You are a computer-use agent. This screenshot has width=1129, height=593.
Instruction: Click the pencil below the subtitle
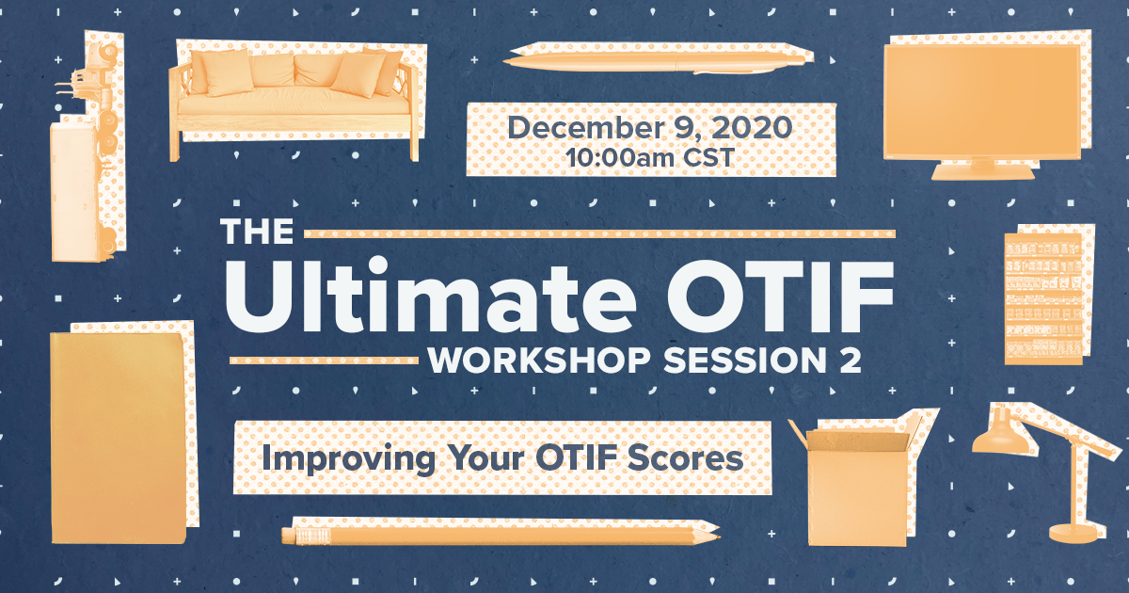[x=500, y=535]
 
